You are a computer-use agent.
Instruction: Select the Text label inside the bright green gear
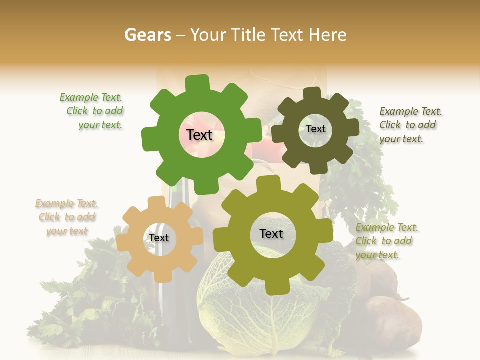click(x=199, y=135)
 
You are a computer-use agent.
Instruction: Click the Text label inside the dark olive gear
click(x=316, y=129)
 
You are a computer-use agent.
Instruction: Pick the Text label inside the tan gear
click(x=159, y=238)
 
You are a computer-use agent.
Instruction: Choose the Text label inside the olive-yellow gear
click(x=271, y=234)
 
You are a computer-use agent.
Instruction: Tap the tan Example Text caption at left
click(x=67, y=217)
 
